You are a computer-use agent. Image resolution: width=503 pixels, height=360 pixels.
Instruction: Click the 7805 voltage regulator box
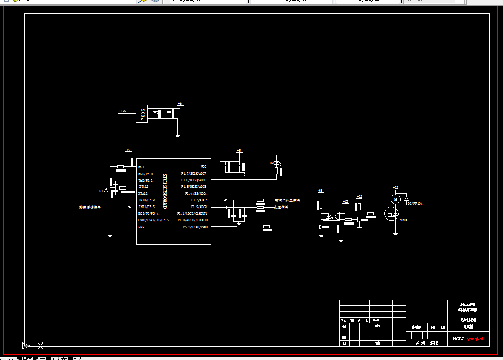(x=142, y=113)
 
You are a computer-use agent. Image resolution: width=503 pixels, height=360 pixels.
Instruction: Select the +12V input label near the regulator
(x=123, y=111)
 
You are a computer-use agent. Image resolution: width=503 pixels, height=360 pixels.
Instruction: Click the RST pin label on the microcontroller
(x=141, y=167)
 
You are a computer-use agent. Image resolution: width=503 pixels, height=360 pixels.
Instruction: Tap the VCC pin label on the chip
(x=203, y=166)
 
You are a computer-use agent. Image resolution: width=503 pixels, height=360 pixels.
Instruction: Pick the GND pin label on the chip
(x=141, y=227)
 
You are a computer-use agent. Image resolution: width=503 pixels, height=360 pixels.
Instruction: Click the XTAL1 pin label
(x=143, y=193)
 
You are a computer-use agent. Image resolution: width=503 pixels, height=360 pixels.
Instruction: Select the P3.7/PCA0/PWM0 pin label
(x=195, y=227)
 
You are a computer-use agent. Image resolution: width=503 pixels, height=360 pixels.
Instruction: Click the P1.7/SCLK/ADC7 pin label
(x=194, y=174)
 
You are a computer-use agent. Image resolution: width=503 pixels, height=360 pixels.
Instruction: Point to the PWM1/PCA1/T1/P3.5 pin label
(x=153, y=220)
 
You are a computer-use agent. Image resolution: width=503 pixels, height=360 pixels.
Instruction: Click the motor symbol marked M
(x=395, y=198)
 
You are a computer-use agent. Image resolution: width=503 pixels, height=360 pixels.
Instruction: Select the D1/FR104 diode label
(x=415, y=204)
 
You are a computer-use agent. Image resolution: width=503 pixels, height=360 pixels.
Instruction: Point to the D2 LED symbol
(x=277, y=164)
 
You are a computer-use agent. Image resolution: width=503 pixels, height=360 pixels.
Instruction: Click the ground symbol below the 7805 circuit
(x=177, y=135)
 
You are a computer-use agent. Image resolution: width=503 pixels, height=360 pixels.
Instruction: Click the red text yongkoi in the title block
(x=477, y=339)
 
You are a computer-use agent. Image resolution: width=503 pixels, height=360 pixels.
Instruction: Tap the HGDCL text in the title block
(x=459, y=339)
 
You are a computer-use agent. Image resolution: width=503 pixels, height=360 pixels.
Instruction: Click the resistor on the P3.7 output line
(x=267, y=227)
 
